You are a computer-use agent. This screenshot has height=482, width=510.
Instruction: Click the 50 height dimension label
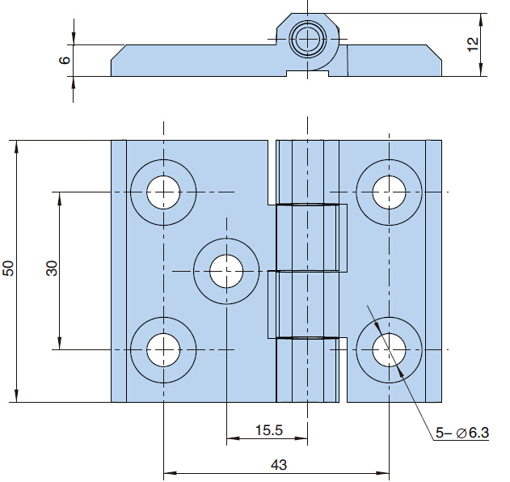(x=9, y=268)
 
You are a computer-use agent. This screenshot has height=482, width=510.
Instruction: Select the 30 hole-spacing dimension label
(x=52, y=268)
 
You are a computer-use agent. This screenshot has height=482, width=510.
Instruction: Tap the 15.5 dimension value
(x=268, y=431)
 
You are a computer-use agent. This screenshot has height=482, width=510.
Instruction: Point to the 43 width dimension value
(x=278, y=465)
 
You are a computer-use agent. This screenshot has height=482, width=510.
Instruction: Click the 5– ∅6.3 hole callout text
(x=462, y=433)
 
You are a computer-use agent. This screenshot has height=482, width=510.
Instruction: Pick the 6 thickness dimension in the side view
(x=65, y=60)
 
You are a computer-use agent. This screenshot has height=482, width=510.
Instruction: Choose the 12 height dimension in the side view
(x=473, y=44)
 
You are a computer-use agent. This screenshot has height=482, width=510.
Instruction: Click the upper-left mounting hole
(x=163, y=192)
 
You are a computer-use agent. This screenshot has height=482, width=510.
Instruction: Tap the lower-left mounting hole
(x=163, y=350)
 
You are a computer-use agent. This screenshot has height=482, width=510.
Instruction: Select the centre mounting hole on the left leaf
(x=226, y=270)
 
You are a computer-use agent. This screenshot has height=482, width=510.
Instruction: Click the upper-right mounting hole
(x=389, y=192)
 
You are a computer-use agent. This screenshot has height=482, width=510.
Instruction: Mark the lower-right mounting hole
(x=389, y=350)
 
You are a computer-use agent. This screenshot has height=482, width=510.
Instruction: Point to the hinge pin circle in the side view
(x=308, y=38)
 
